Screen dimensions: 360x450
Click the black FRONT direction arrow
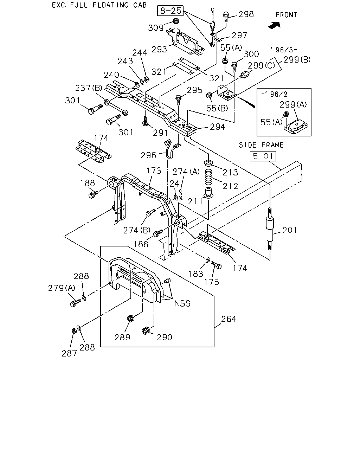274,26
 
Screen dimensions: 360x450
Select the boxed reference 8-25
170,11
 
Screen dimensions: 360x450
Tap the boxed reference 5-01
263,156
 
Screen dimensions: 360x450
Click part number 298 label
246,14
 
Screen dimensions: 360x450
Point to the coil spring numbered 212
208,177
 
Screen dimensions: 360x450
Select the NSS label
182,303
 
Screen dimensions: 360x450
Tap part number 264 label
229,319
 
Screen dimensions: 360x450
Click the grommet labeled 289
131,319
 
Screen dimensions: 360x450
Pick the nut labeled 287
73,331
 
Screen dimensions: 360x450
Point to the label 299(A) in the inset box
293,104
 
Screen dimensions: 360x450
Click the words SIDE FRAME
261,145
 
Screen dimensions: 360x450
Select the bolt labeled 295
179,100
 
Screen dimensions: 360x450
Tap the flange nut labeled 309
176,21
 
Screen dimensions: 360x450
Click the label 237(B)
89,88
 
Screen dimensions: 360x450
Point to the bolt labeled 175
216,265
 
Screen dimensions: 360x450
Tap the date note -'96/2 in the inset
274,94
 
